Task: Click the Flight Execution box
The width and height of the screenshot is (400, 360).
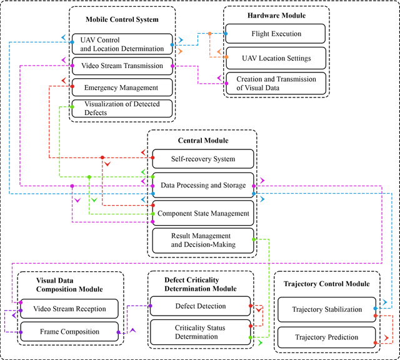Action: pos(276,33)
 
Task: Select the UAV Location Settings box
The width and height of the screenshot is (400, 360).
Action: pos(276,59)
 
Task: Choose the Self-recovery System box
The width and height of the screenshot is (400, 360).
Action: pos(203,159)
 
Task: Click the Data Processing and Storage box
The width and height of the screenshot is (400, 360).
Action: pos(203,185)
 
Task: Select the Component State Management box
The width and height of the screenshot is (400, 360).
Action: pos(203,213)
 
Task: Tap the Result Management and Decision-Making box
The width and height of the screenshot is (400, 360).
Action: pos(203,240)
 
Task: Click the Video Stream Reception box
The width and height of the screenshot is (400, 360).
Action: pos(69,309)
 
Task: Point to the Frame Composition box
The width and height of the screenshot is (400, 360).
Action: pos(69,331)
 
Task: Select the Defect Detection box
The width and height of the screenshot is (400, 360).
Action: pos(201,306)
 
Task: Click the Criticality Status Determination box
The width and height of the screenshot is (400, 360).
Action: pos(201,332)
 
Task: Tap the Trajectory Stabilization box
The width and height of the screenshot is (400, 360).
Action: pos(327,309)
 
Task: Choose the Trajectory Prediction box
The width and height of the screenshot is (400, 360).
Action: pos(327,337)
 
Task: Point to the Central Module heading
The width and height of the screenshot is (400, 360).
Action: pos(202,141)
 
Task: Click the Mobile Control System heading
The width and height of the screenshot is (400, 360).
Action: pos(122,19)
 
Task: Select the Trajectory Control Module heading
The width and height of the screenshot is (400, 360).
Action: pos(327,284)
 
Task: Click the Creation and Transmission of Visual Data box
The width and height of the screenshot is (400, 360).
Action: pos(276,83)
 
